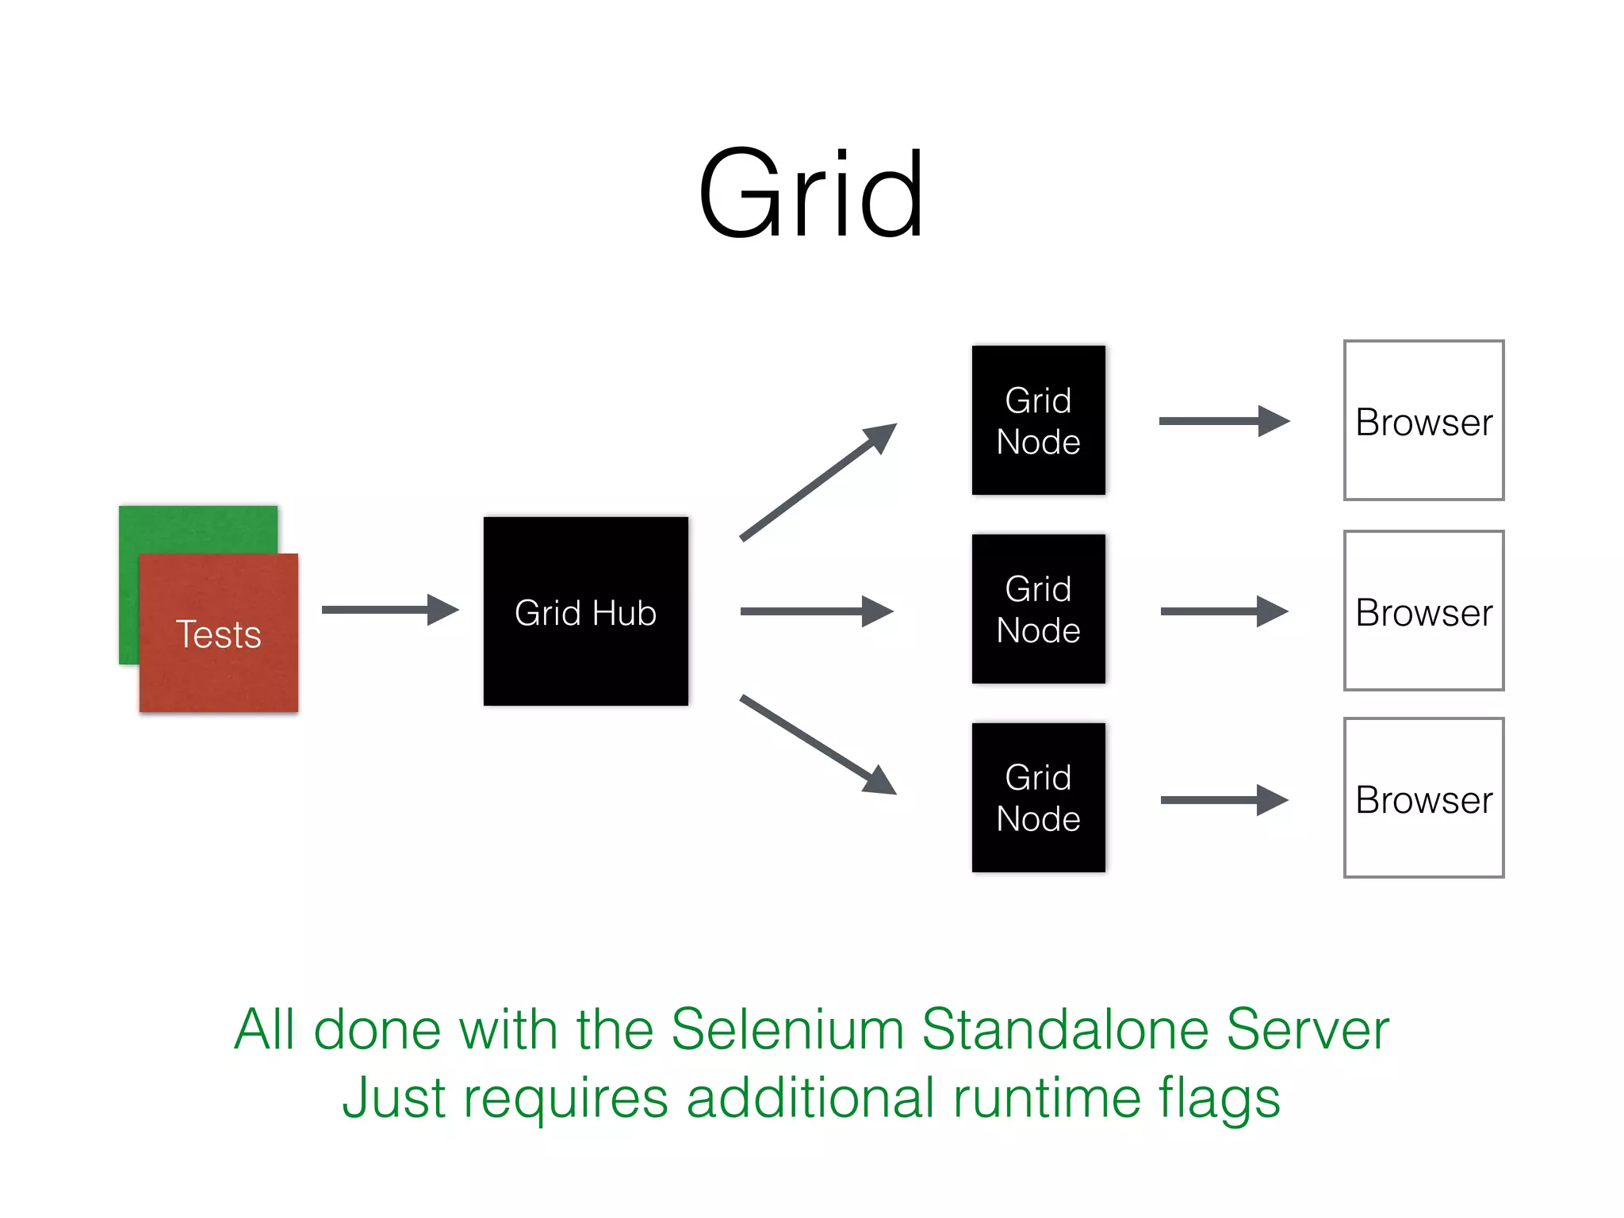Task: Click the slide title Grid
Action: click(x=810, y=194)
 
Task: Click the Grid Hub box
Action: click(x=585, y=611)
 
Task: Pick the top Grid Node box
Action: click(x=1038, y=420)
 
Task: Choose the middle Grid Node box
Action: click(x=1038, y=609)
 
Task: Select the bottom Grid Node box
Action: click(x=1038, y=798)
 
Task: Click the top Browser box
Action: click(x=1423, y=421)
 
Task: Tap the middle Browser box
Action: click(x=1423, y=611)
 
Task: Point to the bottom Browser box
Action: click(x=1423, y=799)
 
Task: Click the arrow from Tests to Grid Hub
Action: click(x=389, y=610)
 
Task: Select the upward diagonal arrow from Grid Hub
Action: click(x=817, y=483)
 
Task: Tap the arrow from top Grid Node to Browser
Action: click(x=1223, y=421)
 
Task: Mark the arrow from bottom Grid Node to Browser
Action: click(x=1223, y=800)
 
